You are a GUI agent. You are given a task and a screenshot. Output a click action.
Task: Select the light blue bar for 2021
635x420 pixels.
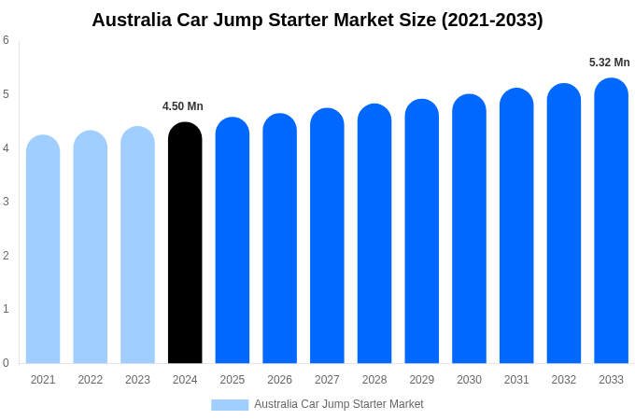pyautogui.click(x=43, y=249)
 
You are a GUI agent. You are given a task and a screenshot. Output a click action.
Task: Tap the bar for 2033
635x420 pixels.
pyautogui.click(x=611, y=221)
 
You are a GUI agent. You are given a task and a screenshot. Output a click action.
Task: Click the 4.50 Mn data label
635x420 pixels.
pyautogui.click(x=183, y=106)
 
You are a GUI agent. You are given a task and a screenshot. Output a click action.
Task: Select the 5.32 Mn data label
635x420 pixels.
pyautogui.click(x=609, y=63)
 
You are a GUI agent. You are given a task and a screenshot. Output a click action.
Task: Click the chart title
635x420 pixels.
pyautogui.click(x=317, y=20)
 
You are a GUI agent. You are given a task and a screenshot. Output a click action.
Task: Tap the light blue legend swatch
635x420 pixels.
pyautogui.click(x=230, y=405)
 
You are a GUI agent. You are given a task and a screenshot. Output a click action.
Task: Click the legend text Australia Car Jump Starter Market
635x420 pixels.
pyautogui.click(x=339, y=404)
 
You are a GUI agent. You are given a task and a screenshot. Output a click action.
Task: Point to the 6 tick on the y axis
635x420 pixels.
pyautogui.click(x=6, y=40)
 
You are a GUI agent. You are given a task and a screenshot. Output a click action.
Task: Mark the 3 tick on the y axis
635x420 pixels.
pyautogui.click(x=6, y=202)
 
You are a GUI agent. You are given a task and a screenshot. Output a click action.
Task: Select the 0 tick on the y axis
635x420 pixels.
pyautogui.click(x=6, y=363)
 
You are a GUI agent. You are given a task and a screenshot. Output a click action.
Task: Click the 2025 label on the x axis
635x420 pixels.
pyautogui.click(x=233, y=380)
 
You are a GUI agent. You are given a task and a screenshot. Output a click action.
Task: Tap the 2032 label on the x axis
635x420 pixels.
pyautogui.click(x=564, y=380)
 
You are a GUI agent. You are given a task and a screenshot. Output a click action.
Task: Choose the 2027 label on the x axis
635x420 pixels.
pyautogui.click(x=327, y=380)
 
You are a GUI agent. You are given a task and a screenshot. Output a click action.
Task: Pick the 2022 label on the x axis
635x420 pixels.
pyautogui.click(x=91, y=380)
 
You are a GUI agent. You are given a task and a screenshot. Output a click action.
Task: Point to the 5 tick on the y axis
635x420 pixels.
pyautogui.click(x=6, y=94)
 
